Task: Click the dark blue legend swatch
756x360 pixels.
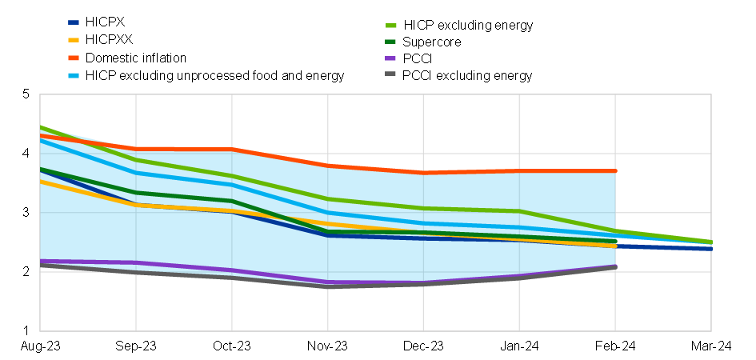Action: click(74, 22)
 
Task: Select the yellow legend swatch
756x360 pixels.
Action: click(74, 39)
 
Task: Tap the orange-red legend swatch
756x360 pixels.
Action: click(74, 58)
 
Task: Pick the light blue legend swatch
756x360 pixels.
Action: click(74, 75)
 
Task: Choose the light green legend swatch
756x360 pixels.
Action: click(390, 26)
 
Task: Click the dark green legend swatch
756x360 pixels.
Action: click(390, 42)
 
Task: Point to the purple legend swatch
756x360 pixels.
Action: click(390, 58)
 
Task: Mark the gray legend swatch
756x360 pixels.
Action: click(390, 74)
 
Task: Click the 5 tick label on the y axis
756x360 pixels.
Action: click(26, 94)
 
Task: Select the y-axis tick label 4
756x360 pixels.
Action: click(26, 154)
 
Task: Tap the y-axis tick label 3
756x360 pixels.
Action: click(26, 213)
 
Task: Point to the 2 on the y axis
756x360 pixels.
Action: click(26, 272)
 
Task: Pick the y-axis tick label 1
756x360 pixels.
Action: click(26, 330)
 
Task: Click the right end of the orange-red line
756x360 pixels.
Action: click(616, 170)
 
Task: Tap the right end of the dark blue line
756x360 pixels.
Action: click(711, 249)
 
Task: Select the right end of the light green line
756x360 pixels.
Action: click(711, 242)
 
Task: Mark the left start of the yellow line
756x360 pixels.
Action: click(41, 182)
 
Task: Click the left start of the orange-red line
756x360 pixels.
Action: click(41, 136)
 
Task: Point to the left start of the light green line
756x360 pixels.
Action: click(41, 128)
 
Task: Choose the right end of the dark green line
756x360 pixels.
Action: click(616, 241)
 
